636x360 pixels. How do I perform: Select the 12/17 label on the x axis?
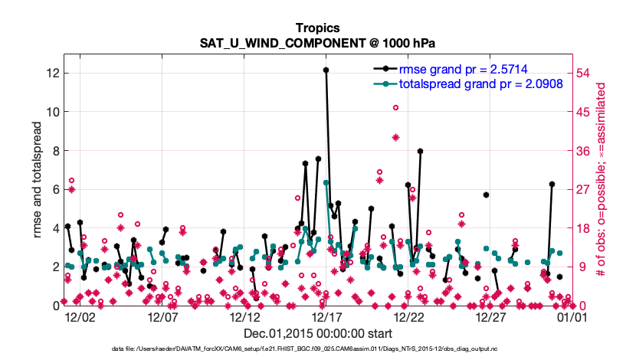tap(326, 316)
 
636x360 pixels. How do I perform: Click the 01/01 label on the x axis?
tap(572, 316)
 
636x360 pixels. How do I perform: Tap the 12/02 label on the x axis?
tap(80, 316)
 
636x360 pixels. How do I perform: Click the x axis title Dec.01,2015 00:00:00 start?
tap(318, 334)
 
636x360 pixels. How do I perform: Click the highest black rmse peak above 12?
tap(326, 70)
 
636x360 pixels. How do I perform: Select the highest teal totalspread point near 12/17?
tap(326, 182)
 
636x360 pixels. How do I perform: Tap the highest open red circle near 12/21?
tap(395, 108)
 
